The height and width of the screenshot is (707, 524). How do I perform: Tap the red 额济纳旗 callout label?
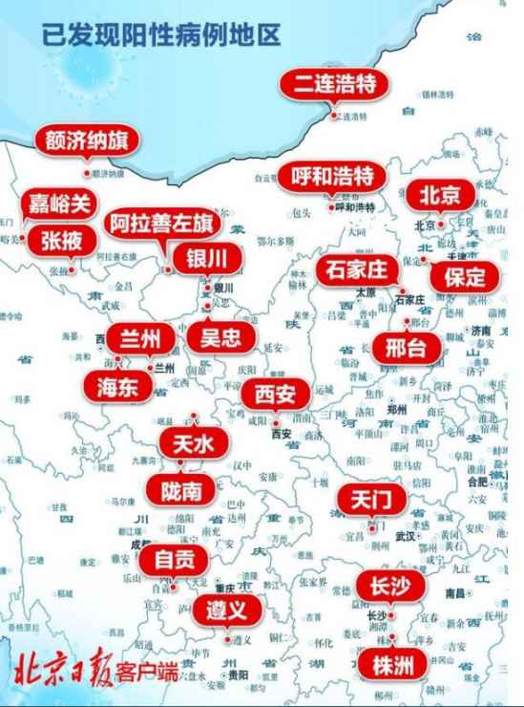87,140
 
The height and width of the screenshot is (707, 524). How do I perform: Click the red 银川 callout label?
206,258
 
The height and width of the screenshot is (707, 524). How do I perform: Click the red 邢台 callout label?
407,347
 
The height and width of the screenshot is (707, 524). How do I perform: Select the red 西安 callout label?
274,394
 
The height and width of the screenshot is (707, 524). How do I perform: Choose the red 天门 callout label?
371,499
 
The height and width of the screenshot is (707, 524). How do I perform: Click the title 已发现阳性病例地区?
162,35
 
